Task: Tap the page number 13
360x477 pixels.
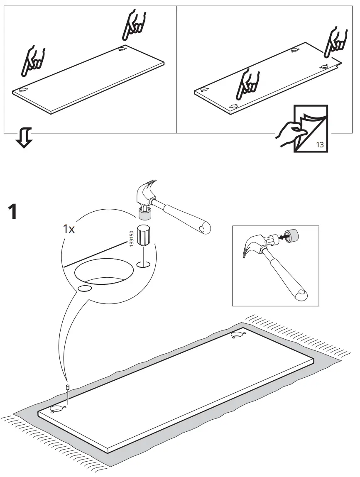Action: [320, 145]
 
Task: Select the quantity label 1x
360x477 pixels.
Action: [69, 229]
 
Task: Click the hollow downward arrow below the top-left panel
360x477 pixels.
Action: [24, 138]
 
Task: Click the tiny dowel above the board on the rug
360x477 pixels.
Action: [67, 387]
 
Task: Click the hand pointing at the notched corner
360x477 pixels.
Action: [336, 42]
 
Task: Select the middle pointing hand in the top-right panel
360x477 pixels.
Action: [248, 83]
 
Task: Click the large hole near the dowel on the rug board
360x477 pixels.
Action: [55, 410]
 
